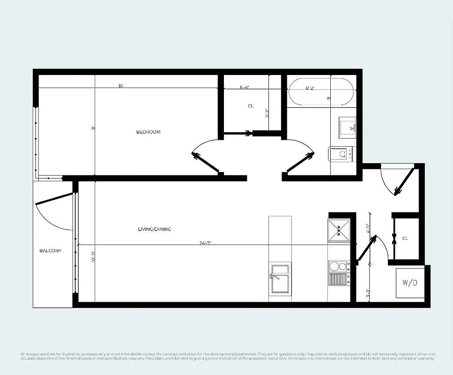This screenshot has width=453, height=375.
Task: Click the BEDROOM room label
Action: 148,132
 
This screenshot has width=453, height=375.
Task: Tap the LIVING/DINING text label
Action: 154,229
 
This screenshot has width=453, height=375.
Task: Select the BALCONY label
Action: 51,251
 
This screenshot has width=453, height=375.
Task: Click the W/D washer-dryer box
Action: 410,283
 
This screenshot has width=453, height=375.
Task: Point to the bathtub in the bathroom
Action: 321,92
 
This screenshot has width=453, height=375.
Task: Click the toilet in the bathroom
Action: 342,153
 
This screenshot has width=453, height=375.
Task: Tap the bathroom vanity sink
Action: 347,127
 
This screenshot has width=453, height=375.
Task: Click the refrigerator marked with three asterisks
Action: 339,230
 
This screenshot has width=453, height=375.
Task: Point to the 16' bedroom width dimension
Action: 121,86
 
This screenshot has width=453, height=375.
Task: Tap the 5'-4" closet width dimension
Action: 244,87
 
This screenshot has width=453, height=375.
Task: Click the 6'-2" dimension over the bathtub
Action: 310,88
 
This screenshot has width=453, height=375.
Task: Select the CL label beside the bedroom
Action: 251,106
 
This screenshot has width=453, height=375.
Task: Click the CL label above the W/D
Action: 405,239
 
